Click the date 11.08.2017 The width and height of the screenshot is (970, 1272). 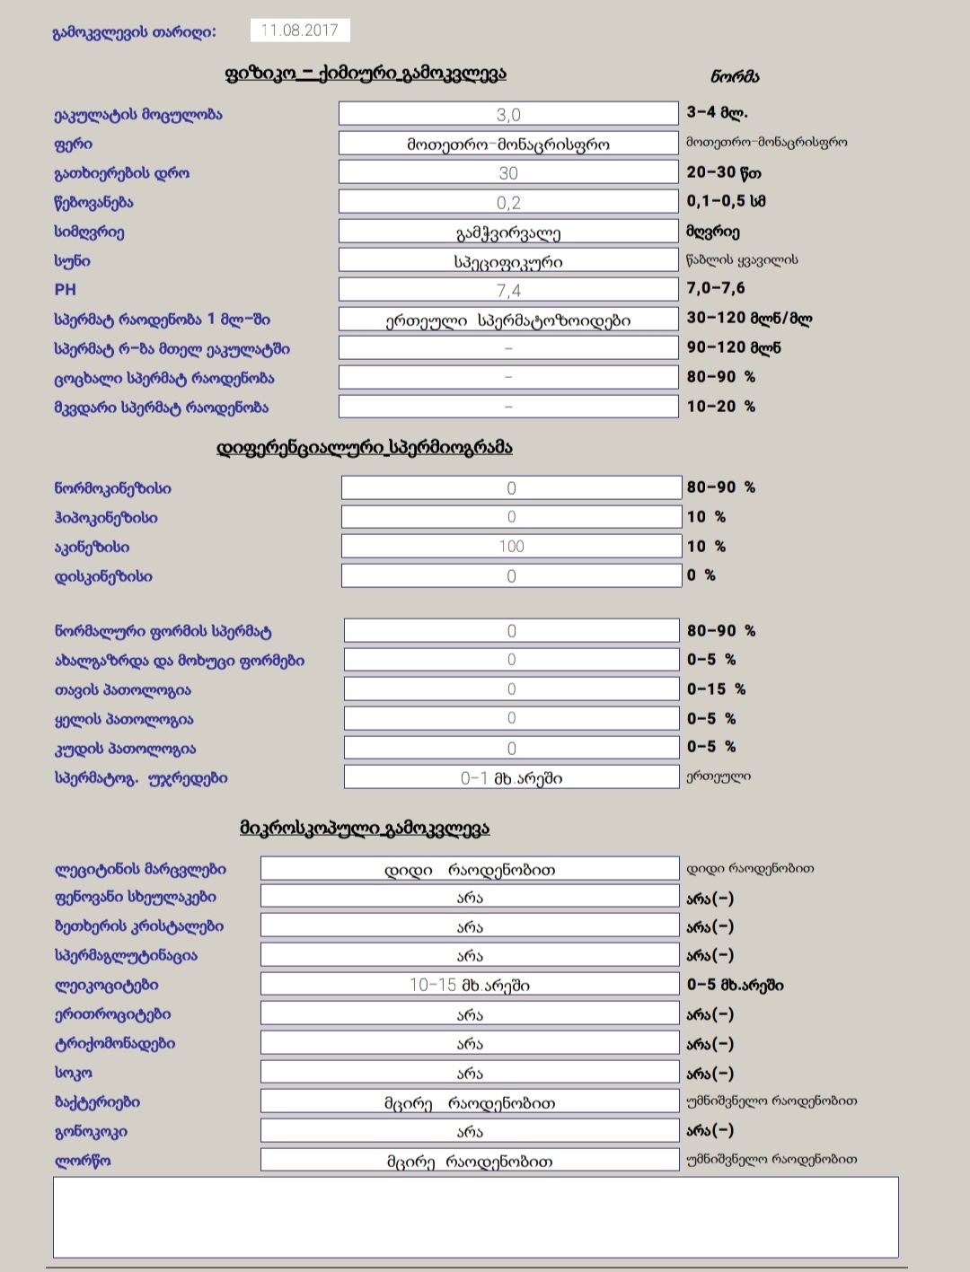coord(300,31)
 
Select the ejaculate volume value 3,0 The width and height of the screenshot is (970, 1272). coord(508,114)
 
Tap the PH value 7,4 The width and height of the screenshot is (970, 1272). coord(508,290)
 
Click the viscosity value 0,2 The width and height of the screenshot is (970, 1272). coord(508,202)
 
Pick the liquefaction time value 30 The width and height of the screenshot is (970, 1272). coord(508,172)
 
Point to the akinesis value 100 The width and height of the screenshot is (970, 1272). coord(511,546)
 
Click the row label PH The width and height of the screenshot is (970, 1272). coord(66,290)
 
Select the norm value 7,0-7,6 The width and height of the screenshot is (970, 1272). coord(716,288)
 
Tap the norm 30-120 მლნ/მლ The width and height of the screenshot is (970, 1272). coord(749,318)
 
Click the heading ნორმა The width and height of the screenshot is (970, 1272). coord(735,77)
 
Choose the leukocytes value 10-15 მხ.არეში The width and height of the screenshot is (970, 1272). coord(470,985)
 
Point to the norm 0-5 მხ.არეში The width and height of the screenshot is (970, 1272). coord(735,985)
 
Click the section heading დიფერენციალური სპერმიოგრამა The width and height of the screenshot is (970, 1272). coord(365,447)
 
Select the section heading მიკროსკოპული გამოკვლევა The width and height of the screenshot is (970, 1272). coord(365,828)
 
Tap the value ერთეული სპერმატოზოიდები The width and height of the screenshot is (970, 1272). coord(508,320)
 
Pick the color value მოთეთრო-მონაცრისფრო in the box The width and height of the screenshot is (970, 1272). coord(508,144)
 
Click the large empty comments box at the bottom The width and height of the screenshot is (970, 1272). coord(476,1217)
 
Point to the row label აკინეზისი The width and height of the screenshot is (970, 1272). coord(92,547)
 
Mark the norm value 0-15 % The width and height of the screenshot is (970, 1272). coord(716,689)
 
